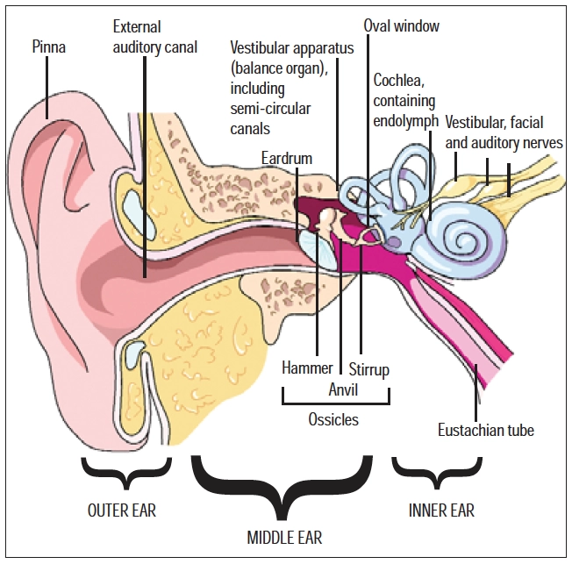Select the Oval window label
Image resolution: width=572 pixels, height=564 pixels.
coord(401,26)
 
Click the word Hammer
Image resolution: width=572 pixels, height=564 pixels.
coord(307,369)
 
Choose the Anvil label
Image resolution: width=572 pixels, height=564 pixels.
coord(343,388)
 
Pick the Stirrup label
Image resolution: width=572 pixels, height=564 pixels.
coord(368,369)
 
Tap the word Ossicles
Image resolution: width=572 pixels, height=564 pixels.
coord(334,419)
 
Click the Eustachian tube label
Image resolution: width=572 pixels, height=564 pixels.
coord(485,430)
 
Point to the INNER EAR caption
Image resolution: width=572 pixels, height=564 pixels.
coord(443,509)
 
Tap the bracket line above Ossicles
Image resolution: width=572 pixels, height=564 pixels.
coord(335,404)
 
